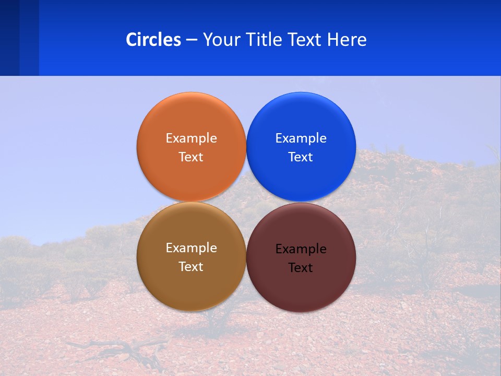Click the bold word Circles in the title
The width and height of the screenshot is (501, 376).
(x=153, y=40)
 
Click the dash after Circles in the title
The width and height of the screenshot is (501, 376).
(x=192, y=40)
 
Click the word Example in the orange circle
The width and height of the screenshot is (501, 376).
(x=191, y=138)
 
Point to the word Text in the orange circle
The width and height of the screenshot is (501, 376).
(x=191, y=157)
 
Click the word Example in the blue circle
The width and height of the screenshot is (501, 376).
(x=301, y=138)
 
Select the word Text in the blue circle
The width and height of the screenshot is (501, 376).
(x=301, y=157)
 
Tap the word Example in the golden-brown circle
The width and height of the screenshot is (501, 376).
(x=191, y=248)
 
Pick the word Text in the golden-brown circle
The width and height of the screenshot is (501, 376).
(x=191, y=267)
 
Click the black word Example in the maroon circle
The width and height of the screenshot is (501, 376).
(x=301, y=249)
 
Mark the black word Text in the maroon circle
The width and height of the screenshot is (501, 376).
(x=301, y=268)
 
